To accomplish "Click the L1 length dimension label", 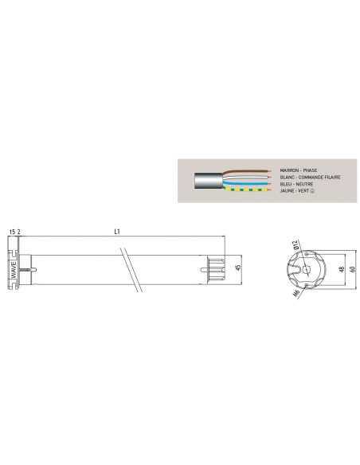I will (117, 232).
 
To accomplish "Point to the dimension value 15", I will (13, 232).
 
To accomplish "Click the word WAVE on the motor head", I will (14, 269).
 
